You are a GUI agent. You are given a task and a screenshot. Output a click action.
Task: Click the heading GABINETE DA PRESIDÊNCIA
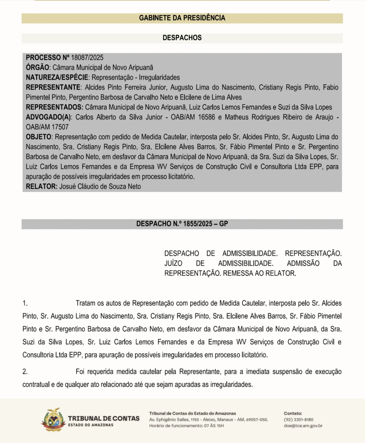(x=182, y=18)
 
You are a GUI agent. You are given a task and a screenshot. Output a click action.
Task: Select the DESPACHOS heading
(x=182, y=38)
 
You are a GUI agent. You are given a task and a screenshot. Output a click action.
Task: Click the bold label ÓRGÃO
(x=38, y=67)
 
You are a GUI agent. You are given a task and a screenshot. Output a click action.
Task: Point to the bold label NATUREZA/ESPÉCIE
(x=57, y=77)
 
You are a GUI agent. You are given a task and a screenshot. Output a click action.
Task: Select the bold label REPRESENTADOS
(x=54, y=107)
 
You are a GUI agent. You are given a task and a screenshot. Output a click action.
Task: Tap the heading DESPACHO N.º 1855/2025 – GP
(x=182, y=224)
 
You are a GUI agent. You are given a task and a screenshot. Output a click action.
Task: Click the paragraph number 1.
(x=25, y=303)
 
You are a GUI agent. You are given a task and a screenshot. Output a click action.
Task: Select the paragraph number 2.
(x=25, y=372)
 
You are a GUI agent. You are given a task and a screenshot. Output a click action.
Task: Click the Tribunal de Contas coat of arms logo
(x=53, y=419)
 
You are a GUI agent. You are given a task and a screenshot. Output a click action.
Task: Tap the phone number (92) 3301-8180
(x=298, y=419)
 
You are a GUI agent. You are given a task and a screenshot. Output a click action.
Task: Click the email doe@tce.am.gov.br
(x=303, y=426)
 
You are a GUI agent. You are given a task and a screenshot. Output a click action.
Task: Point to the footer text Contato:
(x=293, y=413)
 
